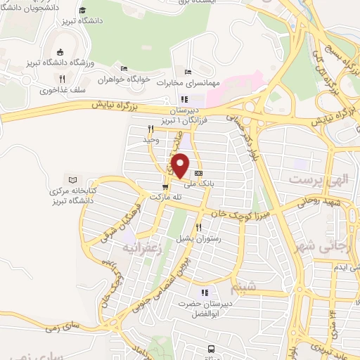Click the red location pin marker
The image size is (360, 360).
(x=181, y=165)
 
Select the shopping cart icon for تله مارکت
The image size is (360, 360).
(x=165, y=187)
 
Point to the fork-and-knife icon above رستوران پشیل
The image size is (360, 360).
(x=199, y=227)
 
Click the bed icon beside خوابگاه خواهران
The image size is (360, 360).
(x=124, y=69)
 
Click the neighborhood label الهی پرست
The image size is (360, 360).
(x=318, y=180)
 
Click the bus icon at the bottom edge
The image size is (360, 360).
(x=210, y=348)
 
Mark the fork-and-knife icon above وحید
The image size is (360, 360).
(x=150, y=129)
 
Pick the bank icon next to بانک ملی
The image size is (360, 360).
(x=198, y=173)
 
